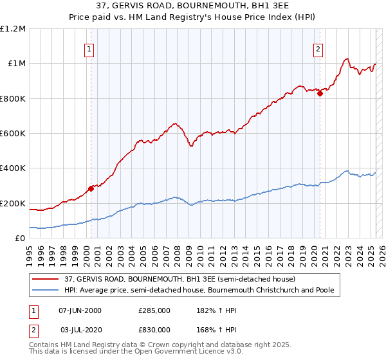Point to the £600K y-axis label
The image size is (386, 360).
(14, 134)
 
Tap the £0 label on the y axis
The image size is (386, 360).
(21, 239)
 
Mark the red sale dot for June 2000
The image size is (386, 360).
(91, 188)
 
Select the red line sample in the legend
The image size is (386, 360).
(46, 280)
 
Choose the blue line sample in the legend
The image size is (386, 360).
(46, 291)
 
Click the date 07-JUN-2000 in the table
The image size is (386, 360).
(80, 310)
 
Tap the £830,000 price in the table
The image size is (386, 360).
(154, 330)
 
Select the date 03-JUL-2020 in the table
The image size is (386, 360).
(80, 330)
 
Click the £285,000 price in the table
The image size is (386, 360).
(154, 310)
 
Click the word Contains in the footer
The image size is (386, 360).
(44, 346)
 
